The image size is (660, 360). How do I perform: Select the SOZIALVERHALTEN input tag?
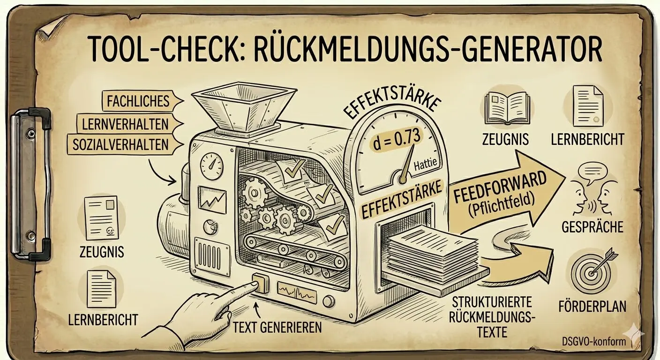coord(120,144)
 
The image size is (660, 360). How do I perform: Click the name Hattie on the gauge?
coord(425,165)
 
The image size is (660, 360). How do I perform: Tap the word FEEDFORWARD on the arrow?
coord(501,186)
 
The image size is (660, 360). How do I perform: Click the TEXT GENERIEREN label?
coord(277,327)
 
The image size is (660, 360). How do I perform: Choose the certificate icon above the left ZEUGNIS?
coord(101,217)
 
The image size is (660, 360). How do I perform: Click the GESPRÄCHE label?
coord(592,227)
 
